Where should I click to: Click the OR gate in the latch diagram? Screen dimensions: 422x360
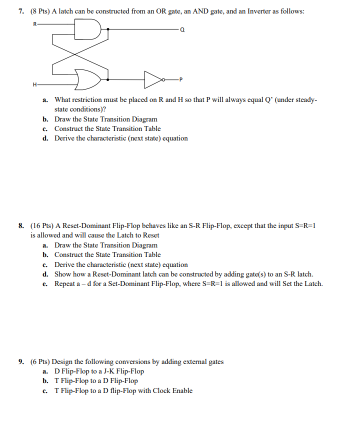point(89,79)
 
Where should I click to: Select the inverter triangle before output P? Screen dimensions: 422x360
point(151,79)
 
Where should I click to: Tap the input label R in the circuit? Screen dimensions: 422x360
point(34,23)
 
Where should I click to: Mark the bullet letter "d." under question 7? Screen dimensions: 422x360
point(45,138)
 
